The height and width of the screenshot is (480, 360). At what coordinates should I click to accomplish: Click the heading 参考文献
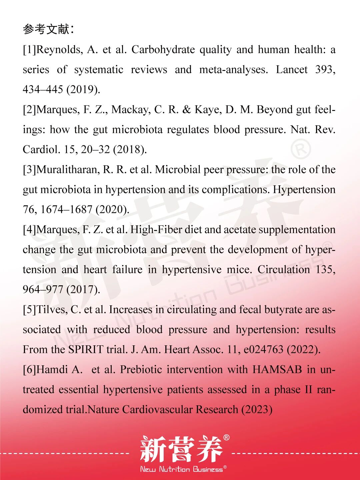(46, 29)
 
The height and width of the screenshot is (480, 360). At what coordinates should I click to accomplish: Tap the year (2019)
(83, 89)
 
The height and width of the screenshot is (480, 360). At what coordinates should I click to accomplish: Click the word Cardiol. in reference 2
(41, 149)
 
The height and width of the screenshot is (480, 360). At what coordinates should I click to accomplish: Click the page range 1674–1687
(66, 209)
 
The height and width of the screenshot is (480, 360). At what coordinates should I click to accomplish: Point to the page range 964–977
(43, 289)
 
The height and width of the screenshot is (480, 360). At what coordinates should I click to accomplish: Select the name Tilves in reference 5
(52, 309)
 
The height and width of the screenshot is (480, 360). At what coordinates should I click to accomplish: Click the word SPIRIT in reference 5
(86, 349)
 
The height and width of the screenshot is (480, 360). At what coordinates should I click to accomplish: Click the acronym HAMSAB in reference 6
(277, 369)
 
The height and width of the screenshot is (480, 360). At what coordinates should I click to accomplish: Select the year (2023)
(257, 409)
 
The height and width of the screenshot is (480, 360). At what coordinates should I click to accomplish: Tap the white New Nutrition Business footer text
(182, 469)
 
